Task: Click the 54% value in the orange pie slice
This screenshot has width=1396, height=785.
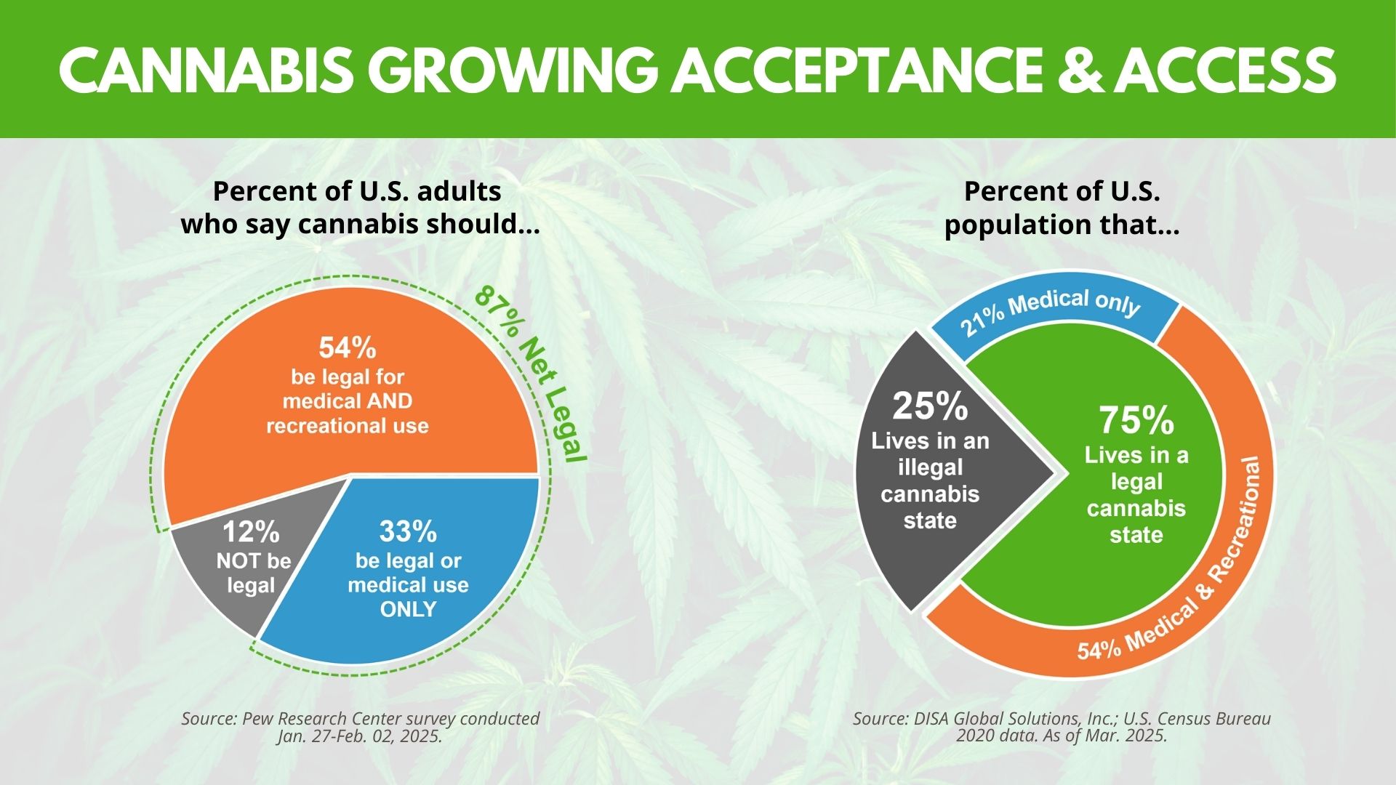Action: [348, 348]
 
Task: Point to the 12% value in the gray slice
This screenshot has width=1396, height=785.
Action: [251, 533]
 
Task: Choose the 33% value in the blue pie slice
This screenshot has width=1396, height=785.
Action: [408, 532]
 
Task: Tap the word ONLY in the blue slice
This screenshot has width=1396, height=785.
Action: [408, 609]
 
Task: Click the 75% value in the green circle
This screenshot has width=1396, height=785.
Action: [1136, 419]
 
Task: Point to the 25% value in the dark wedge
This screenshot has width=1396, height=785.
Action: [930, 406]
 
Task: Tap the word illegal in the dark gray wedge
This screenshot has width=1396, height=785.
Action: [930, 467]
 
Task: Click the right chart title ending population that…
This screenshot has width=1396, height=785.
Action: [1062, 208]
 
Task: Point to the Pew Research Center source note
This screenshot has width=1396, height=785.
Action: [360, 727]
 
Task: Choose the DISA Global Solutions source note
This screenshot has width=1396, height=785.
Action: [1062, 727]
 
